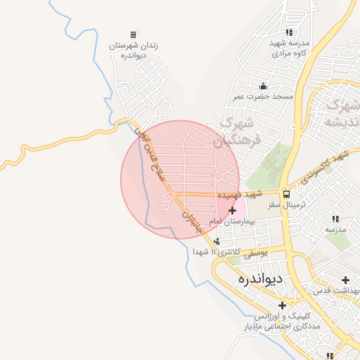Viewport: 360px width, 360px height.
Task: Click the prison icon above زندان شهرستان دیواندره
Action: pyautogui.click(x=133, y=34)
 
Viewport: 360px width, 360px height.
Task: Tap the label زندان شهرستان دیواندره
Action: pyautogui.click(x=133, y=50)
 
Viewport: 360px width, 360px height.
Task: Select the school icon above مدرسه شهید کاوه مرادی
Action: pyautogui.click(x=290, y=32)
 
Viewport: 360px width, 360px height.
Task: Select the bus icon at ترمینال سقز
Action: pyautogui.click(x=286, y=194)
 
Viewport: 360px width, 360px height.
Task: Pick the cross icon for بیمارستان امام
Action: pyautogui.click(x=233, y=210)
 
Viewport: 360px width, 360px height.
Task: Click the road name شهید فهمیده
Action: pyautogui.click(x=240, y=193)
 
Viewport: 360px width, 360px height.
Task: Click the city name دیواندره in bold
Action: pyautogui.click(x=261, y=279)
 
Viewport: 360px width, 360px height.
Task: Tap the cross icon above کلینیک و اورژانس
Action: pyautogui.click(x=283, y=305)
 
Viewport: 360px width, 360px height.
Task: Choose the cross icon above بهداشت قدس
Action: pyautogui.click(x=345, y=280)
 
